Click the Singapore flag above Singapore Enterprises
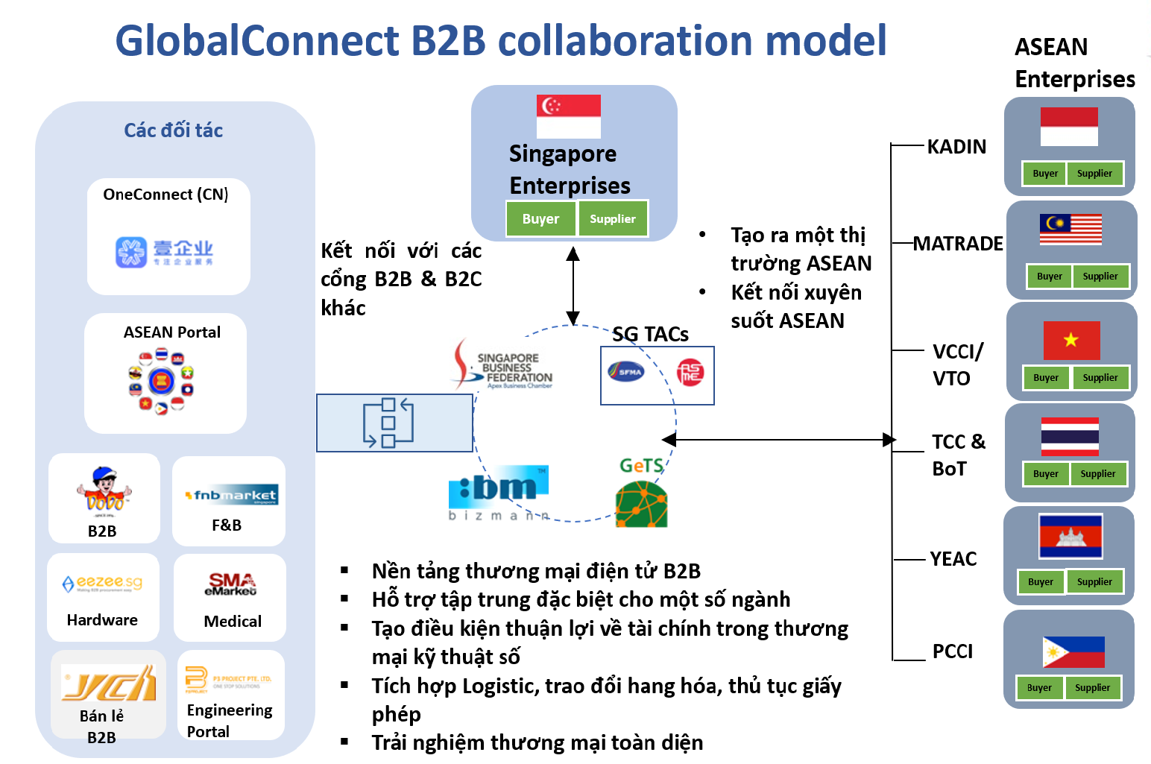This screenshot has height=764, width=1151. tap(568, 116)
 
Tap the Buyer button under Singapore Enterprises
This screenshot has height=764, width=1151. tap(540, 219)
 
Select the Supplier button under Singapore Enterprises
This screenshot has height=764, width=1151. tap(613, 219)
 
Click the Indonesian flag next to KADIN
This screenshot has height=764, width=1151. tap(1069, 127)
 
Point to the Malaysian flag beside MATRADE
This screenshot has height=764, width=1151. tap(1070, 230)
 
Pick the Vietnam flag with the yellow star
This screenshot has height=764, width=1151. tap(1071, 341)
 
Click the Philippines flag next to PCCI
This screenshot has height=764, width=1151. tap(1073, 652)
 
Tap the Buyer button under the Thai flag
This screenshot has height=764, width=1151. tap(1045, 474)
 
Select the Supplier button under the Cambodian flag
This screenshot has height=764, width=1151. tap(1094, 582)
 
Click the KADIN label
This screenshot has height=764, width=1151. tap(956, 147)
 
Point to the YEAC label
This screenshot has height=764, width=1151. tap(953, 559)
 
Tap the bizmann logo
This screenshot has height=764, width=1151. tap(499, 493)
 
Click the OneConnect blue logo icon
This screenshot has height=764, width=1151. tap(131, 252)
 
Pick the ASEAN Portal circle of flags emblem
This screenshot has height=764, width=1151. tap(161, 382)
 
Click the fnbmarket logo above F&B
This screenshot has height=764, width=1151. tap(232, 496)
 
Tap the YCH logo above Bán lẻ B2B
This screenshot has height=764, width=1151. tap(110, 683)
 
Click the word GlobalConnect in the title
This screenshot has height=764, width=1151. tap(257, 40)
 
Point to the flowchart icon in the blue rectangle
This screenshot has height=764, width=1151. tap(388, 423)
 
